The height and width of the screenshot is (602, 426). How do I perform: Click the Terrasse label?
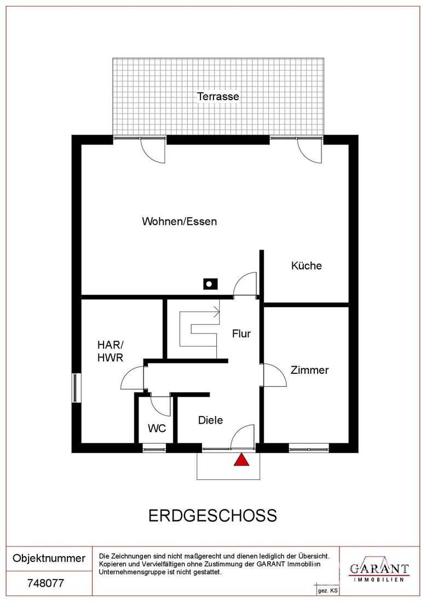point(218,96)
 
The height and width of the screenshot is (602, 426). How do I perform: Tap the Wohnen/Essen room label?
point(180,222)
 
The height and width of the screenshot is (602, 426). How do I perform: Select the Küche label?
point(306,265)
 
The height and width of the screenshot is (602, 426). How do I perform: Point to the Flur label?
point(241,334)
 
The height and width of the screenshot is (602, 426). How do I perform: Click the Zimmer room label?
point(309,370)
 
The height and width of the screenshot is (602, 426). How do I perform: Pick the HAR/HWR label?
point(110,351)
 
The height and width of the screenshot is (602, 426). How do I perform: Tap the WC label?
point(157,428)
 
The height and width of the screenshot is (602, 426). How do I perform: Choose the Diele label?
point(210,420)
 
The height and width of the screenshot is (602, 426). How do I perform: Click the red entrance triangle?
point(241,460)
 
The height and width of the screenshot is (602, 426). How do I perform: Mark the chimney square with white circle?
point(210,284)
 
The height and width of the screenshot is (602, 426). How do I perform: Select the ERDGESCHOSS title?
point(212,516)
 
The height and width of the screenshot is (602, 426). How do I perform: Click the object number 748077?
point(45,583)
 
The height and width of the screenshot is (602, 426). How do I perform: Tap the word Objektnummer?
point(49,558)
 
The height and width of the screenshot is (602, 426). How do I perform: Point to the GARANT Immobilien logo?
point(379,571)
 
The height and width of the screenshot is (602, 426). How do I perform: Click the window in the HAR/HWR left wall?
point(76,388)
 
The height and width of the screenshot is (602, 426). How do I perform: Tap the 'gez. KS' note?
point(327,591)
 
